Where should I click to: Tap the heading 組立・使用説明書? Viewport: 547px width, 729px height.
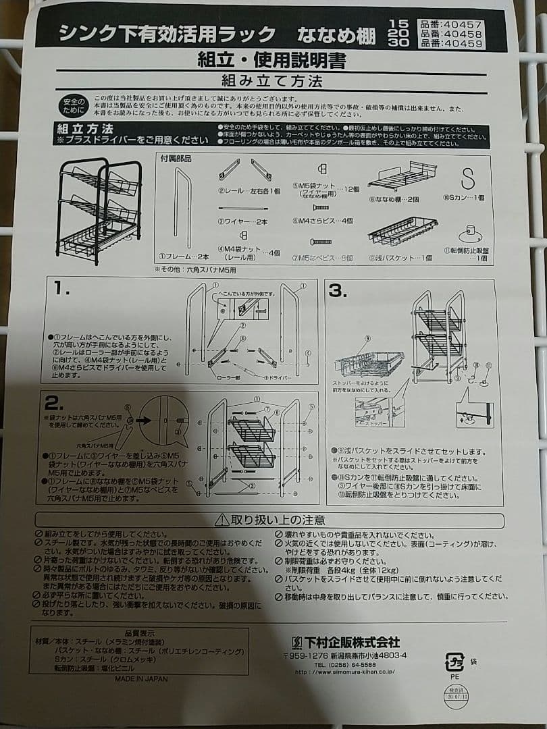coord(271,60)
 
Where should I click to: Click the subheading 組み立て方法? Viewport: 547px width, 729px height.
coord(271,82)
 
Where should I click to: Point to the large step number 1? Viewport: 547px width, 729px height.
coord(62,289)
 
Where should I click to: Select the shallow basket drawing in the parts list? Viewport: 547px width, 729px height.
coord(401,231)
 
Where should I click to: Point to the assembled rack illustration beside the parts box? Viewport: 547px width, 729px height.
coord(99,209)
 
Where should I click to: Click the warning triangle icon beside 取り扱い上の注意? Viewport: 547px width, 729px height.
coord(222,520)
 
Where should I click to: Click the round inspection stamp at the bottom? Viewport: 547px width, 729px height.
coord(456,696)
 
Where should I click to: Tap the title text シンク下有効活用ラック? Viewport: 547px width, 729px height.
coord(167,34)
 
